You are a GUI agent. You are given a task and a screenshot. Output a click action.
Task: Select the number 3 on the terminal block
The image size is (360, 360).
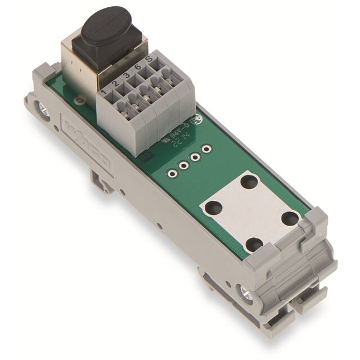coord(126,75)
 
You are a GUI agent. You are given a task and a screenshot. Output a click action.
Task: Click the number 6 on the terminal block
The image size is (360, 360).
coord(137,67)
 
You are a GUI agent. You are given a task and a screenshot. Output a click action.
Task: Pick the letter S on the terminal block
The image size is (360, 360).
coord(149,61)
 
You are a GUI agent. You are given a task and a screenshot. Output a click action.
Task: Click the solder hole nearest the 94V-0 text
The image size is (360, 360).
coord(206,149)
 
